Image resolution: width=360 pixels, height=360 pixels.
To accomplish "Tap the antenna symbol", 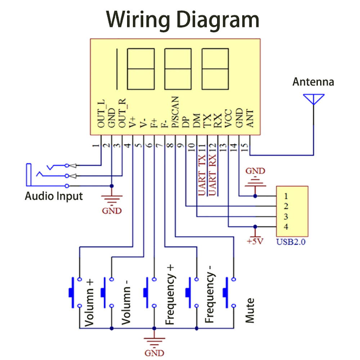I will coord(314,99).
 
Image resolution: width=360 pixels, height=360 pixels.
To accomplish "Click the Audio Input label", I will coord(54,197).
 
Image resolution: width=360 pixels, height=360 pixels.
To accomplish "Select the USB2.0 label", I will coord(291,242).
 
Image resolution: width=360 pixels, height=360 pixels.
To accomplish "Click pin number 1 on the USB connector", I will coord(285,196).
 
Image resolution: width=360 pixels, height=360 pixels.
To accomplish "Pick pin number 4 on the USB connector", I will coord(285,227).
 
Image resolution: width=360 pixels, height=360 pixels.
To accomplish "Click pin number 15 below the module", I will coord(245,147).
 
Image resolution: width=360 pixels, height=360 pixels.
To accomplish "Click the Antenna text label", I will coord(313,82).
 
